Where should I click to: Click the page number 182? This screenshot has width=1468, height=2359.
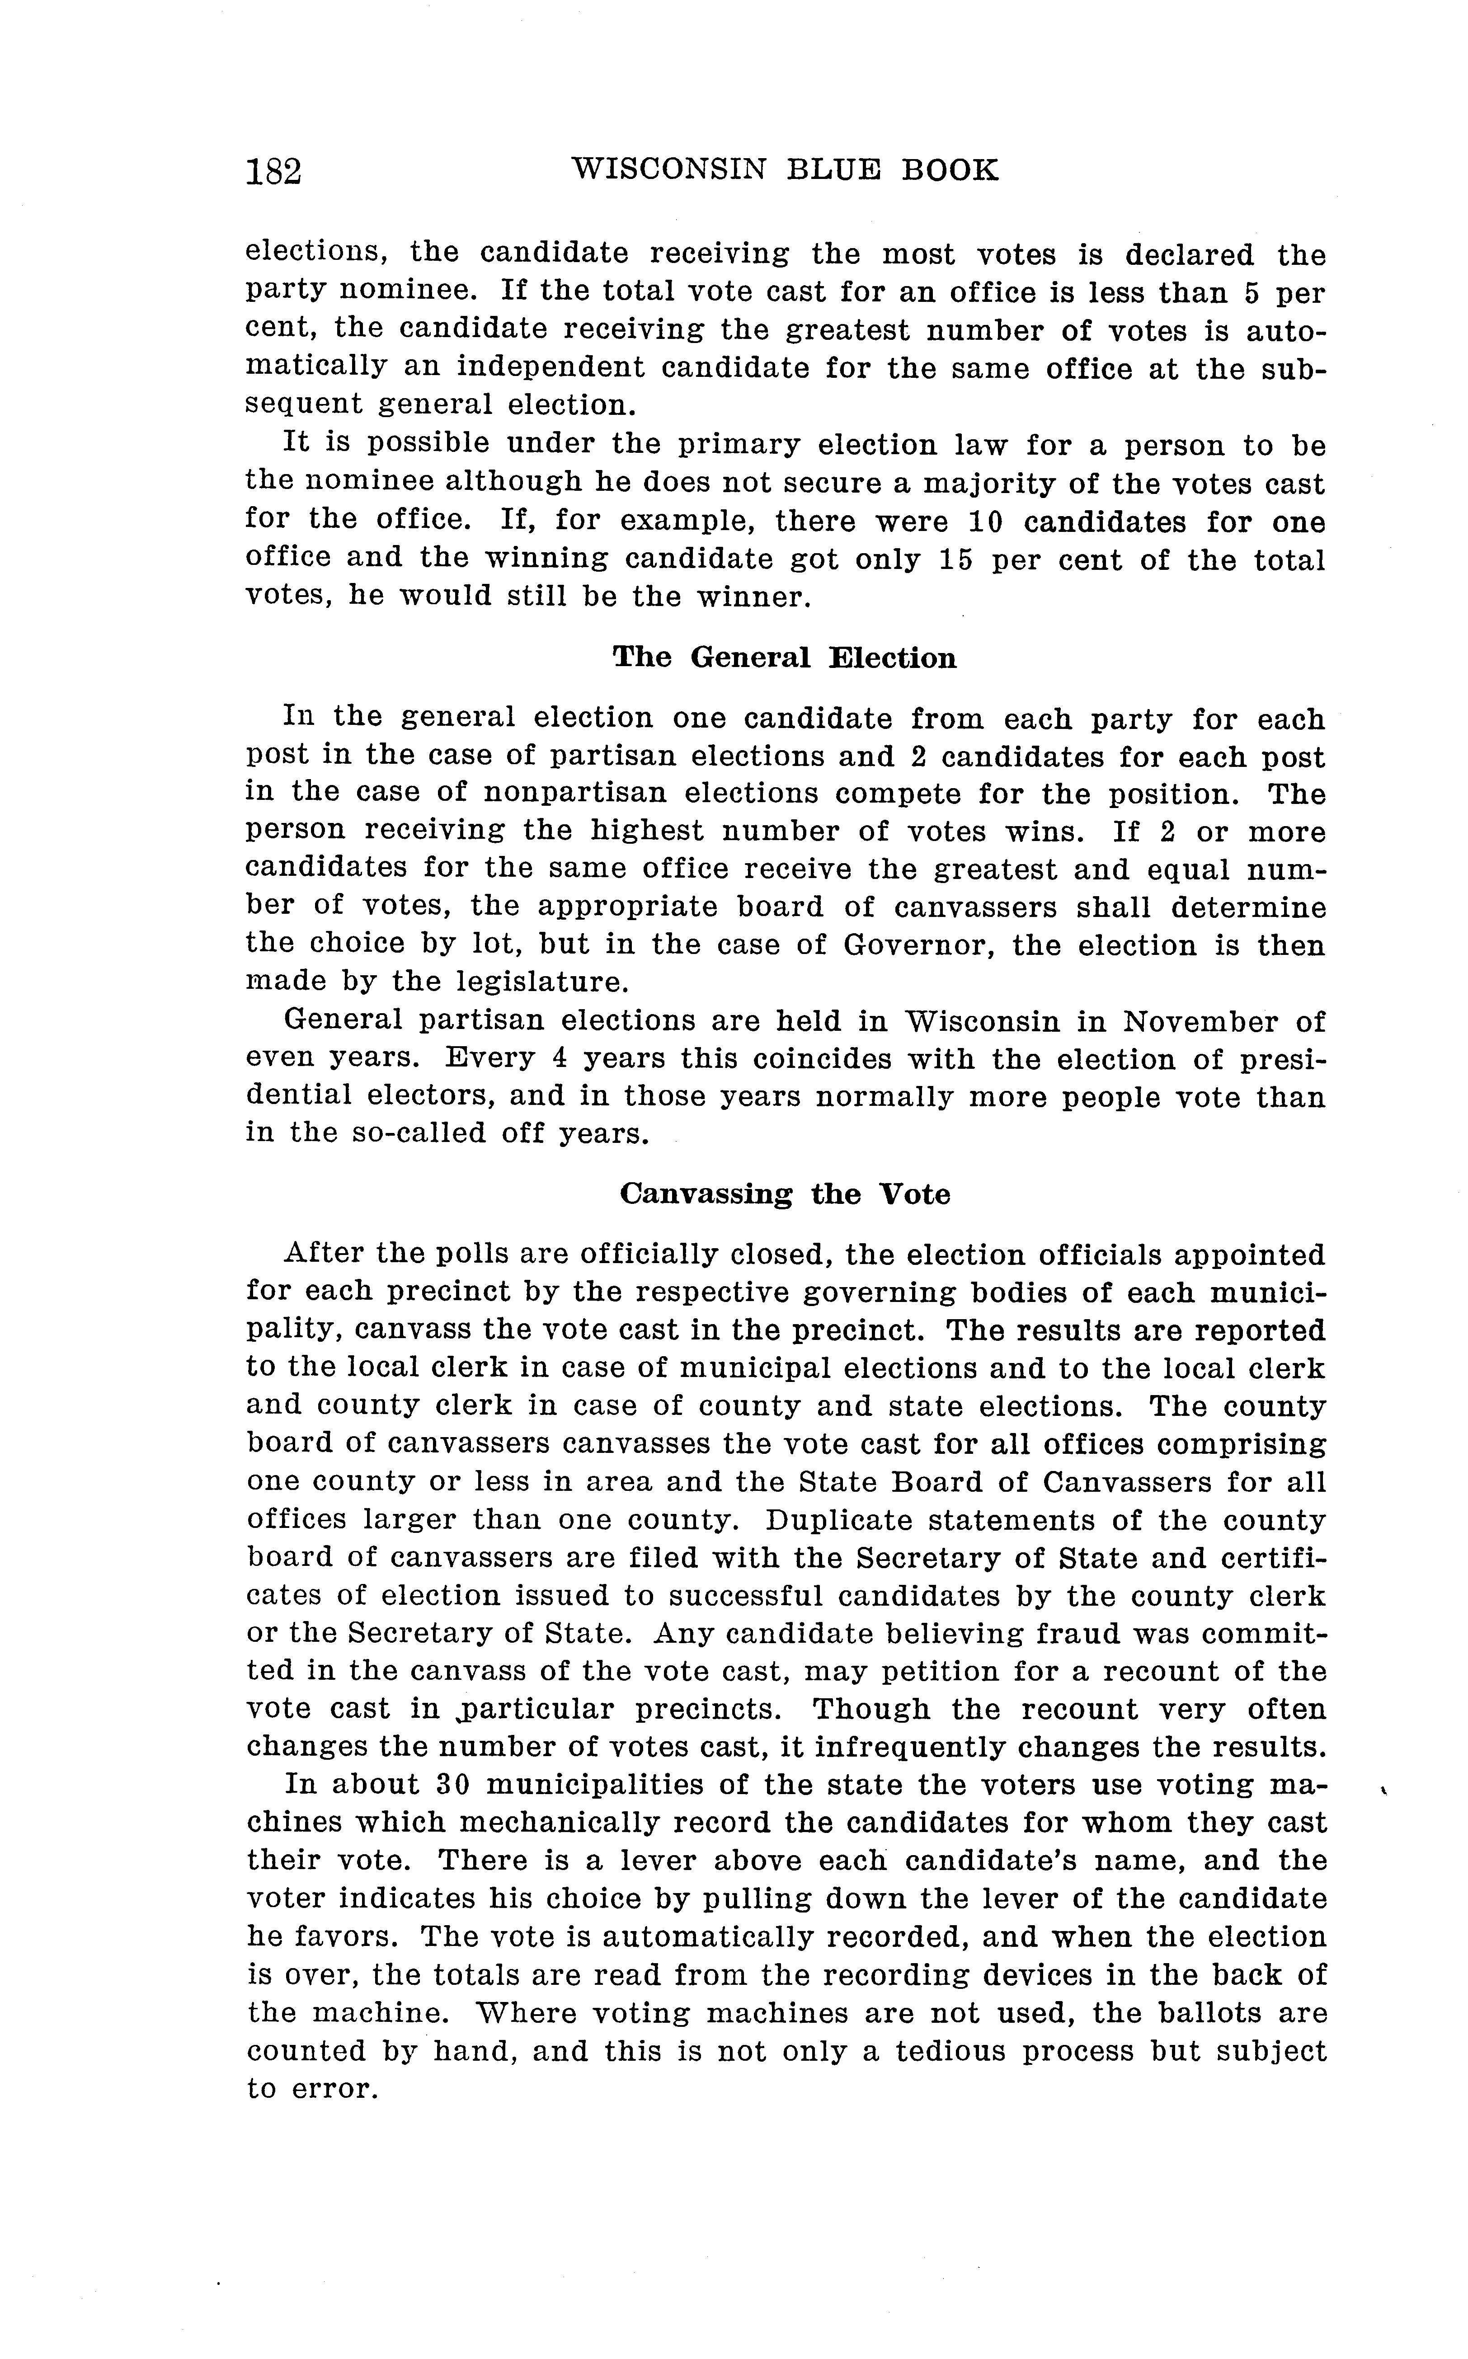pyautogui.click(x=274, y=172)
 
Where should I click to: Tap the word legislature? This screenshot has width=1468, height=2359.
pyautogui.click(x=542, y=982)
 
